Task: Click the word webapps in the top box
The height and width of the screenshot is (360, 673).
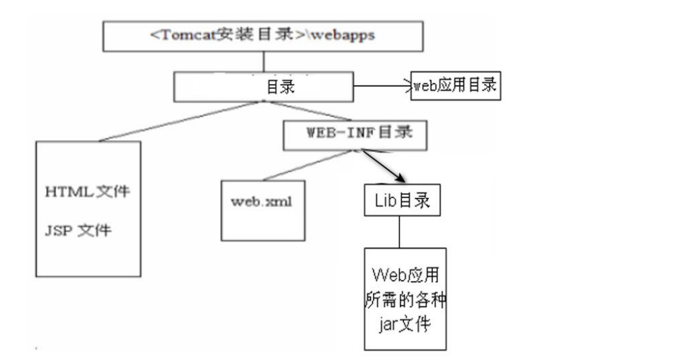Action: coord(343,35)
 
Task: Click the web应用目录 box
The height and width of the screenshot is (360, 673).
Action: coord(454,86)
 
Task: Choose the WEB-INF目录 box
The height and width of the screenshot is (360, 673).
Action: coord(356,134)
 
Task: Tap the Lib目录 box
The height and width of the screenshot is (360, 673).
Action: coord(402,201)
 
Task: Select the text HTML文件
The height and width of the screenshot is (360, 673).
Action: coord(86,192)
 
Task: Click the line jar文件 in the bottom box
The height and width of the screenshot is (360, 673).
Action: coord(405,323)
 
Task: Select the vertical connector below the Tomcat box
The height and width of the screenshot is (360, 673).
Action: coord(263,62)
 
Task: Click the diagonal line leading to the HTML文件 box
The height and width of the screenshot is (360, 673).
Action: coord(179,121)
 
